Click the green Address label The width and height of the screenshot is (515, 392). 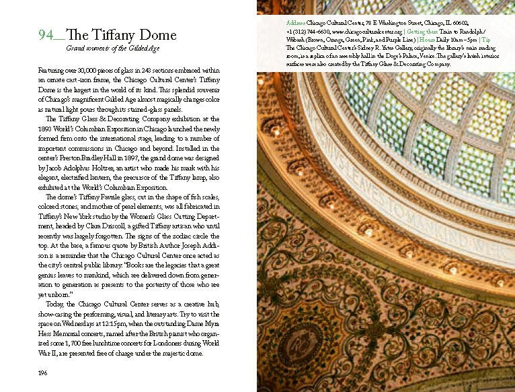pos(296,22)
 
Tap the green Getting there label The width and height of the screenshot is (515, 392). pos(424,31)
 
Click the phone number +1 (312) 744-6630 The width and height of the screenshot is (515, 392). pos(311,31)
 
